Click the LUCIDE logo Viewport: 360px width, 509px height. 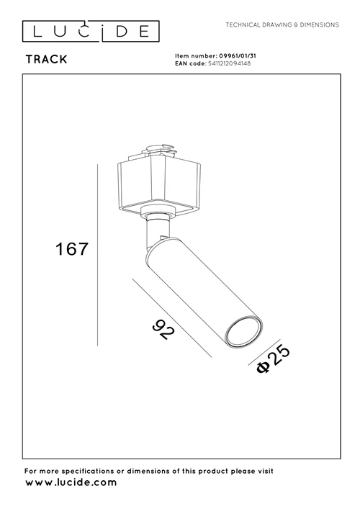pos(91,32)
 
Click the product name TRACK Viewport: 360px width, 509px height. pos(46,60)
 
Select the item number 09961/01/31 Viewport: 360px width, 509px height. pos(238,56)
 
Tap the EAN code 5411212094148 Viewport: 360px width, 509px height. pos(229,63)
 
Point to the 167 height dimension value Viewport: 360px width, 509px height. pos(72,249)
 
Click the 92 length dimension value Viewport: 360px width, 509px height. pos(163,330)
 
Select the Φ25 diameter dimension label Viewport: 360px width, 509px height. pos(274,359)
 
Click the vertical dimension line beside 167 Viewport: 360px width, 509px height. pos(98,255)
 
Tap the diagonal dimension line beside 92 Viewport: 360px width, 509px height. pos(172,317)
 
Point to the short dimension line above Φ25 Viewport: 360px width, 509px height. pos(264,352)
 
